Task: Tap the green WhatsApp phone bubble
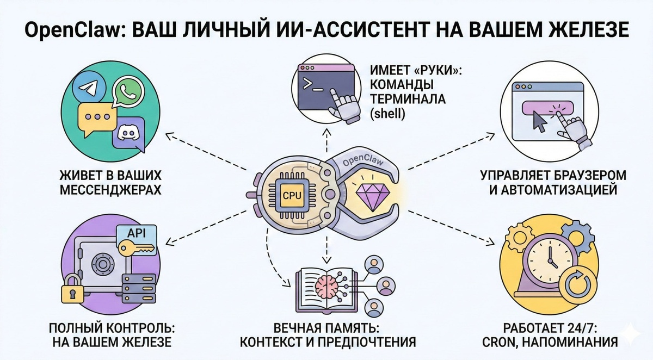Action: tap(129, 92)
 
